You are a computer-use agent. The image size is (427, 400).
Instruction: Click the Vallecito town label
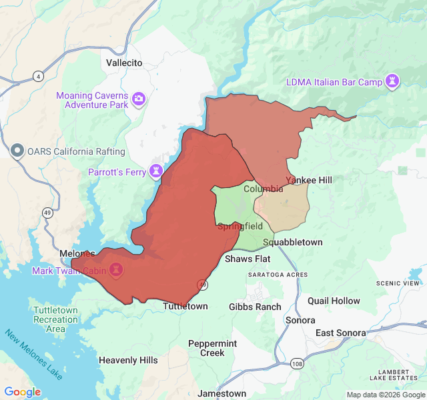tap(123, 63)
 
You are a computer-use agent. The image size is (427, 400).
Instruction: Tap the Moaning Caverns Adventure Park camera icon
tap(139, 99)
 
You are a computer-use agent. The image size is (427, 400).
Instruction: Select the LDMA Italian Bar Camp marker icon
tap(394, 82)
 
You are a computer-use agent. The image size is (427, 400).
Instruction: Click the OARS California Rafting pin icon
tap(17, 151)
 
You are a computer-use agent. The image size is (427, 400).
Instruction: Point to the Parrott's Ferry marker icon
tap(156, 171)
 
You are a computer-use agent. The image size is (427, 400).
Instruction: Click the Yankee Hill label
tap(309, 180)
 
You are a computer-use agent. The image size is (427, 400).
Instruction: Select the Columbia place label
tap(263, 189)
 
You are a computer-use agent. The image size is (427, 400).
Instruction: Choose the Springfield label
tap(240, 227)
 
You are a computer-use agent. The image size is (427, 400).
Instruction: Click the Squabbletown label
tap(292, 242)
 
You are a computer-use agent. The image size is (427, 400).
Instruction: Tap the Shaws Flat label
tap(247, 259)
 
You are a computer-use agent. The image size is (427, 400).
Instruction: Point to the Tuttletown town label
tap(185, 306)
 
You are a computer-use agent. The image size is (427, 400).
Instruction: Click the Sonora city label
tap(300, 320)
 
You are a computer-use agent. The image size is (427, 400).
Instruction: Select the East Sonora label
tap(340, 333)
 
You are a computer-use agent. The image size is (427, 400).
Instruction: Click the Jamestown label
tap(222, 393)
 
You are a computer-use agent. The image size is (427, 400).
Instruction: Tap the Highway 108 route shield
tap(296, 364)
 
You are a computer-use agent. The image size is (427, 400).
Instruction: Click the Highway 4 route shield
tap(39, 77)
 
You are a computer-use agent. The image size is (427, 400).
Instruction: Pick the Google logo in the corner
tap(23, 392)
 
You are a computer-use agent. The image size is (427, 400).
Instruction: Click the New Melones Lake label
tap(33, 355)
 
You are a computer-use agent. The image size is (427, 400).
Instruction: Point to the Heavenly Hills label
tap(128, 360)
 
